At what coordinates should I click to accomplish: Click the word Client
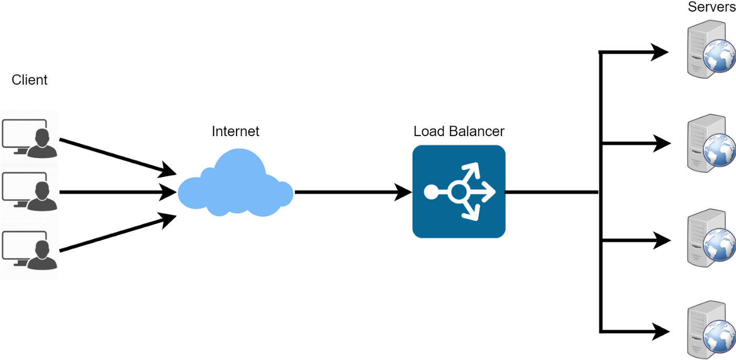(29, 80)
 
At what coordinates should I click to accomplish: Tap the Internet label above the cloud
(236, 131)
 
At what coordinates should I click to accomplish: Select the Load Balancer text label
(458, 131)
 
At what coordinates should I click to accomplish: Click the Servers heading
(712, 6)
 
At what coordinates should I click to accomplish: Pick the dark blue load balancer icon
(458, 191)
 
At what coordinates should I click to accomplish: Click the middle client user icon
(29, 191)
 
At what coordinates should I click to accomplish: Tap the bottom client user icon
(29, 250)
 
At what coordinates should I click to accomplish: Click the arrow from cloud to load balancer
(353, 192)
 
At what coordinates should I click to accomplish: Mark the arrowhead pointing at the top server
(659, 52)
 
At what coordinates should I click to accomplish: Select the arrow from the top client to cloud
(118, 157)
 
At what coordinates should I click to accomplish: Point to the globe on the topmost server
(720, 56)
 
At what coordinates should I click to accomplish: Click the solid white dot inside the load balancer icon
(432, 192)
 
